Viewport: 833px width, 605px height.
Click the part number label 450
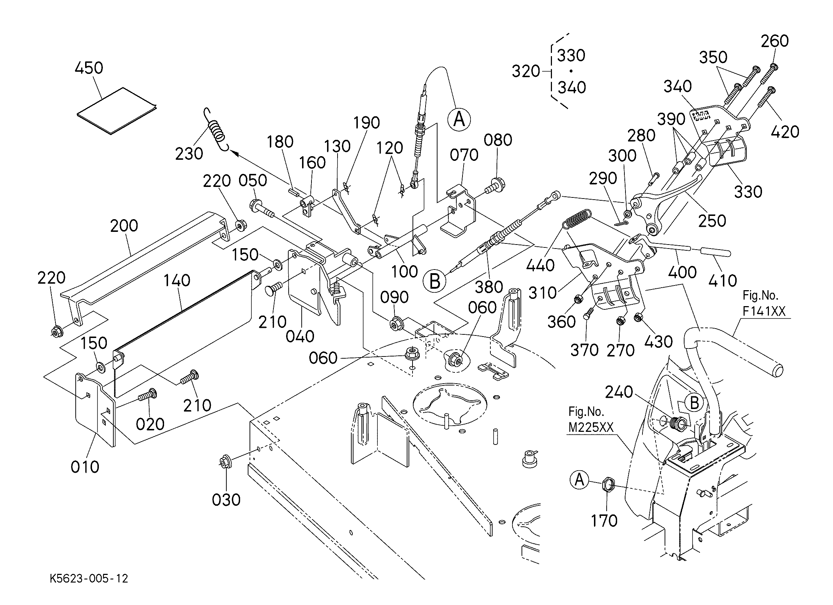[89, 68]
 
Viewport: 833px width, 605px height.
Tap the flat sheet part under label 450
[117, 111]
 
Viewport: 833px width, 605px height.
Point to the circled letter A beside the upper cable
[459, 120]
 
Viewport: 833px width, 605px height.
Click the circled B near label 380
[435, 282]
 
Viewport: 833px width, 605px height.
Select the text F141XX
[764, 312]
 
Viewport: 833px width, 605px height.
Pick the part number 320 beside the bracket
[526, 71]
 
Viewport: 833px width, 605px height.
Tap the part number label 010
[85, 467]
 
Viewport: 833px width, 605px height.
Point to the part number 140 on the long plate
[177, 281]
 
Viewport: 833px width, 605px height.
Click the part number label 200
[124, 226]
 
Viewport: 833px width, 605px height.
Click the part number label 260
[775, 41]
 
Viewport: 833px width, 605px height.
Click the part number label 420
[785, 132]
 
